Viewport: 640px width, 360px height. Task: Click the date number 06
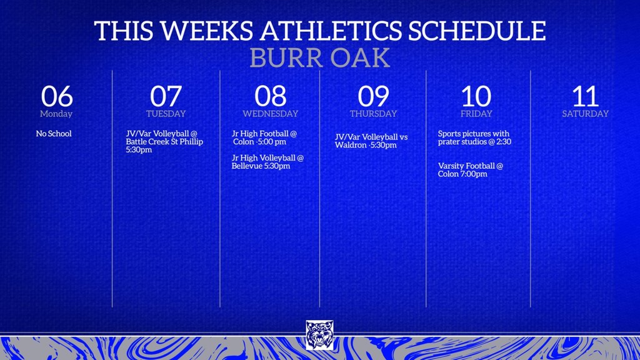point(57,96)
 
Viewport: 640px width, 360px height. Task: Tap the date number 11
point(585,96)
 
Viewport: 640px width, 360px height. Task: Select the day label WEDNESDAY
point(270,114)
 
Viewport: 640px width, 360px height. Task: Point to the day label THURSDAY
point(373,114)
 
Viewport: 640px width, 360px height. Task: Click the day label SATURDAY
point(585,114)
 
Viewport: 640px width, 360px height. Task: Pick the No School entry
point(54,134)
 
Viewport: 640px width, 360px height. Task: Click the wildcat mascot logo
point(319,335)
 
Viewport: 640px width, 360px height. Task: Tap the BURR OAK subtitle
point(319,58)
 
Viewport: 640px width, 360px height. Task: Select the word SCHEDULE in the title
point(477,31)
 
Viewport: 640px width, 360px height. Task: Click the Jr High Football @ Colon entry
point(264,137)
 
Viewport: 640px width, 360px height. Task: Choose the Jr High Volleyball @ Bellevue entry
point(267,162)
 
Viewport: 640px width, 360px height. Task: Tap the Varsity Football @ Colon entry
point(471,170)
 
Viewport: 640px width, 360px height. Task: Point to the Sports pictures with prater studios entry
point(475,137)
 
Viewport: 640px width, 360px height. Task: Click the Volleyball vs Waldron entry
point(371,141)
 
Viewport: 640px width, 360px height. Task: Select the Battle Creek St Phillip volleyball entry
point(164,142)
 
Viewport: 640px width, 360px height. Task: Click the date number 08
point(270,96)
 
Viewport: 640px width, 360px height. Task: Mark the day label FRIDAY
point(476,114)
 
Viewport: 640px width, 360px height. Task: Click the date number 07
point(166,96)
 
